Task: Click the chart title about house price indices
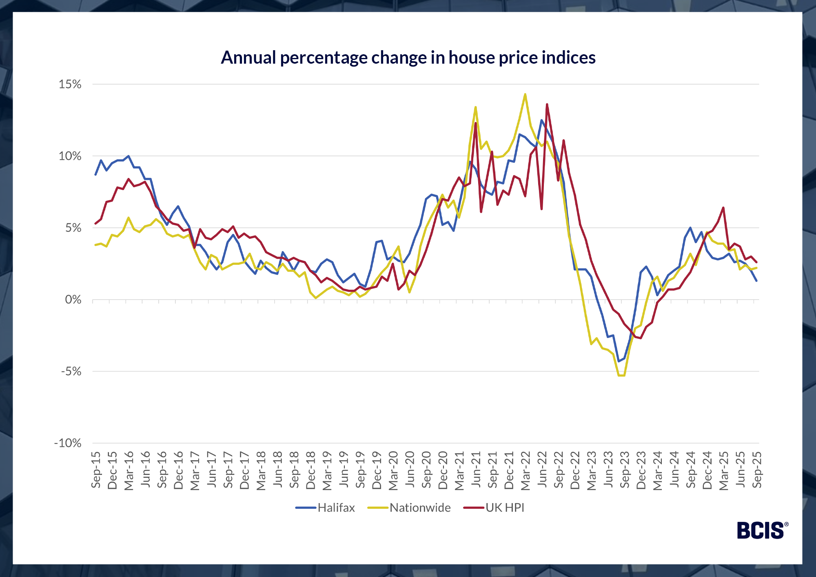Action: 408,58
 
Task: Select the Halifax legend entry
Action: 336,508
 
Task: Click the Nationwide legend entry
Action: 420,508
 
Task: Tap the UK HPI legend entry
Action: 504,508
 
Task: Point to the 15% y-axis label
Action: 70,84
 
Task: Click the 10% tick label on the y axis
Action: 70,156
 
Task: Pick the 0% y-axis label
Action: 73,300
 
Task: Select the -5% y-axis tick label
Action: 71,371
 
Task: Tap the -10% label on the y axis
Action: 68,443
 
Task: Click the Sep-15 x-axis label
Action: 96,469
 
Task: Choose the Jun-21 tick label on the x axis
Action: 476,469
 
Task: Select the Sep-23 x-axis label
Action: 625,469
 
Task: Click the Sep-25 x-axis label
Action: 757,469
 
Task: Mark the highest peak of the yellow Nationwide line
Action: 525,94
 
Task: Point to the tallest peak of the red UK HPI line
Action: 547,104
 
